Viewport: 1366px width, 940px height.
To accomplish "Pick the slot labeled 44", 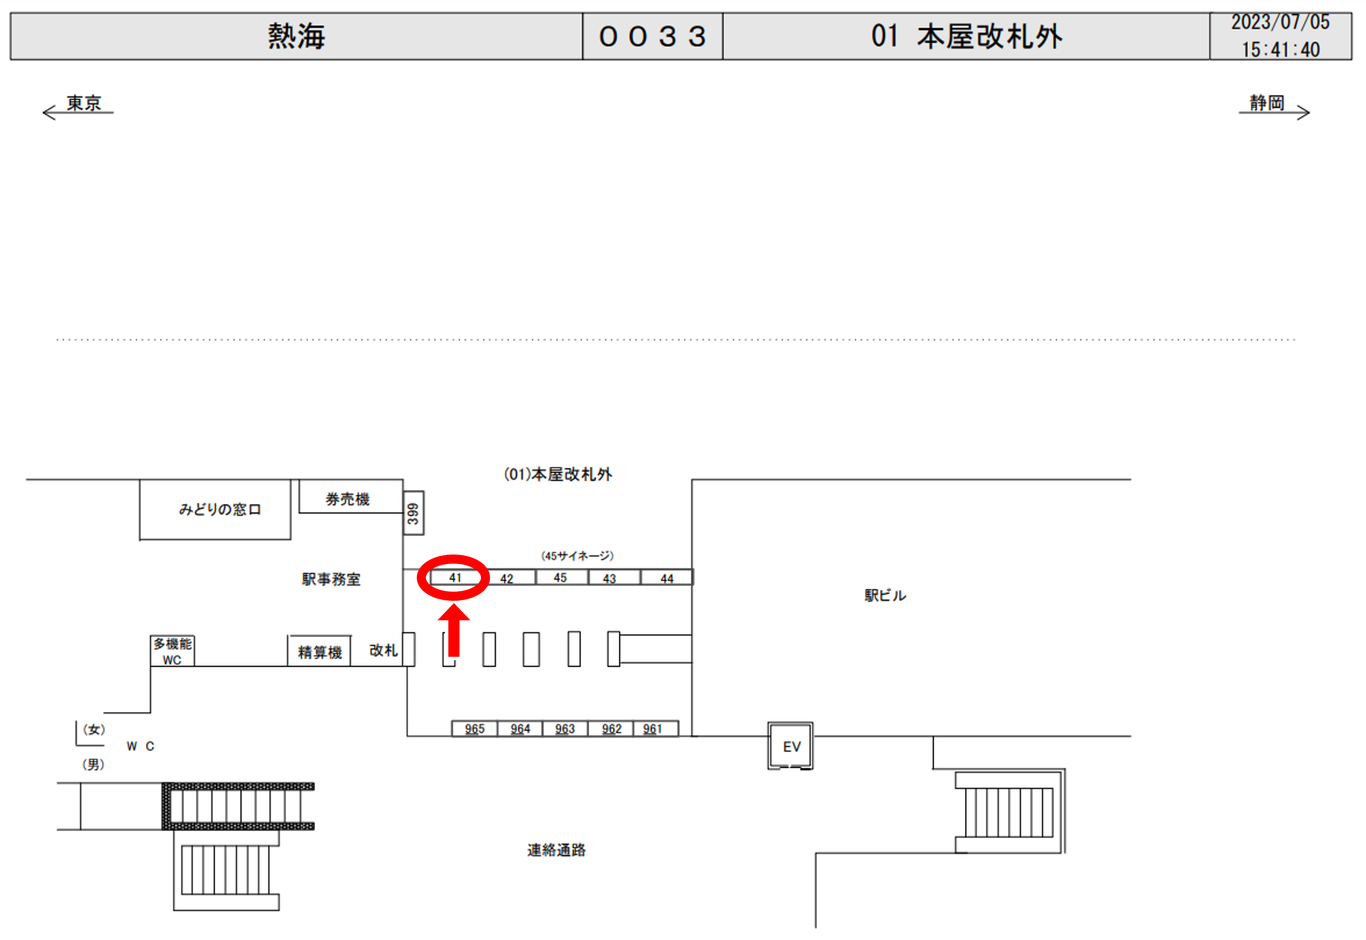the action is (667, 577).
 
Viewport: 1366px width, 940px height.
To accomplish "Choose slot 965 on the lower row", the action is (475, 728).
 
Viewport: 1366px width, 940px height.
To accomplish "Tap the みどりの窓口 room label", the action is (220, 509).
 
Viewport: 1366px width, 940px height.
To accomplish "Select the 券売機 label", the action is (348, 500).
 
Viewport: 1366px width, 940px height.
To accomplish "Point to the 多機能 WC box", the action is (172, 651).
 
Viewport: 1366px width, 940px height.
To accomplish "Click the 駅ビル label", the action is (885, 596).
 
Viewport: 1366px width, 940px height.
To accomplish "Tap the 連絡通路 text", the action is (556, 849).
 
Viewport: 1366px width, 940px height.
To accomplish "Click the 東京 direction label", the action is (83, 103).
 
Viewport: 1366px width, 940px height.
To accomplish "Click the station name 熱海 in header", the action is (296, 36).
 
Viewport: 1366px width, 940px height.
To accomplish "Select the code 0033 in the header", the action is (652, 37).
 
